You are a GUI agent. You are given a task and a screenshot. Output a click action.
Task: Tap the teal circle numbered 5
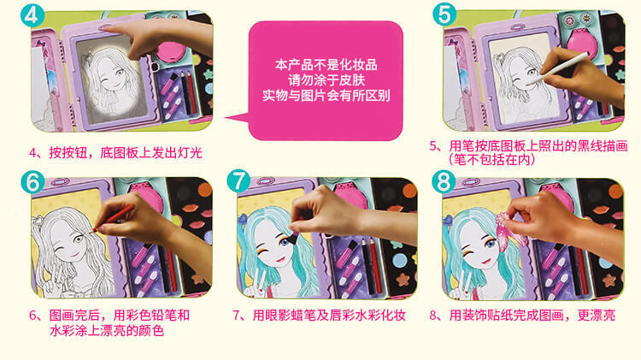click(444, 15)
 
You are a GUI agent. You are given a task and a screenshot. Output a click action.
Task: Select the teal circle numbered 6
click(32, 181)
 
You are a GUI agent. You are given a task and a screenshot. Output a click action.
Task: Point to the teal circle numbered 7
click(238, 180)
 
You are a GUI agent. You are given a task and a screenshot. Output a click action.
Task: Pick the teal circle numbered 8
click(444, 181)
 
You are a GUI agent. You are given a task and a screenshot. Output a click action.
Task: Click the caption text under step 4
click(115, 153)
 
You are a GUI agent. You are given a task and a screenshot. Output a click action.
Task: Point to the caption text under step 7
click(319, 316)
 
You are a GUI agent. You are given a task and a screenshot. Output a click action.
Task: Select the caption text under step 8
click(522, 316)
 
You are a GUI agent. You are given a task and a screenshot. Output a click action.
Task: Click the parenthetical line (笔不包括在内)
click(491, 160)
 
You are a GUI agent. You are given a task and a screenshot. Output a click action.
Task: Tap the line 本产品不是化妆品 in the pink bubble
click(326, 65)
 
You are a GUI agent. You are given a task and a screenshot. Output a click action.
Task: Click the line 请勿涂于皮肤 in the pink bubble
click(326, 80)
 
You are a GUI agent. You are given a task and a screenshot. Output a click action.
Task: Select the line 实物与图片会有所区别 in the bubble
click(326, 95)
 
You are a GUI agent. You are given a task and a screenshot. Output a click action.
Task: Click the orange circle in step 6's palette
click(205, 190)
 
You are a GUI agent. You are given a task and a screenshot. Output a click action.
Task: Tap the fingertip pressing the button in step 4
click(107, 28)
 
